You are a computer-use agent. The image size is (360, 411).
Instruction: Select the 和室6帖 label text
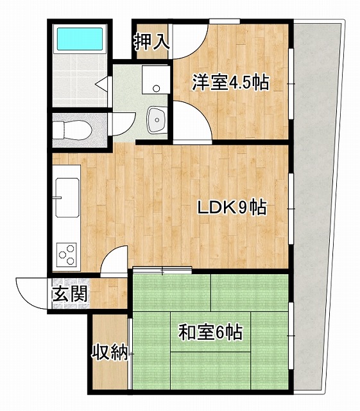click(210, 333)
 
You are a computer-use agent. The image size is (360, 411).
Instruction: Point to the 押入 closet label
click(151, 42)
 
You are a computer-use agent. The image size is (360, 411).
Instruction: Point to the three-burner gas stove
click(67, 252)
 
